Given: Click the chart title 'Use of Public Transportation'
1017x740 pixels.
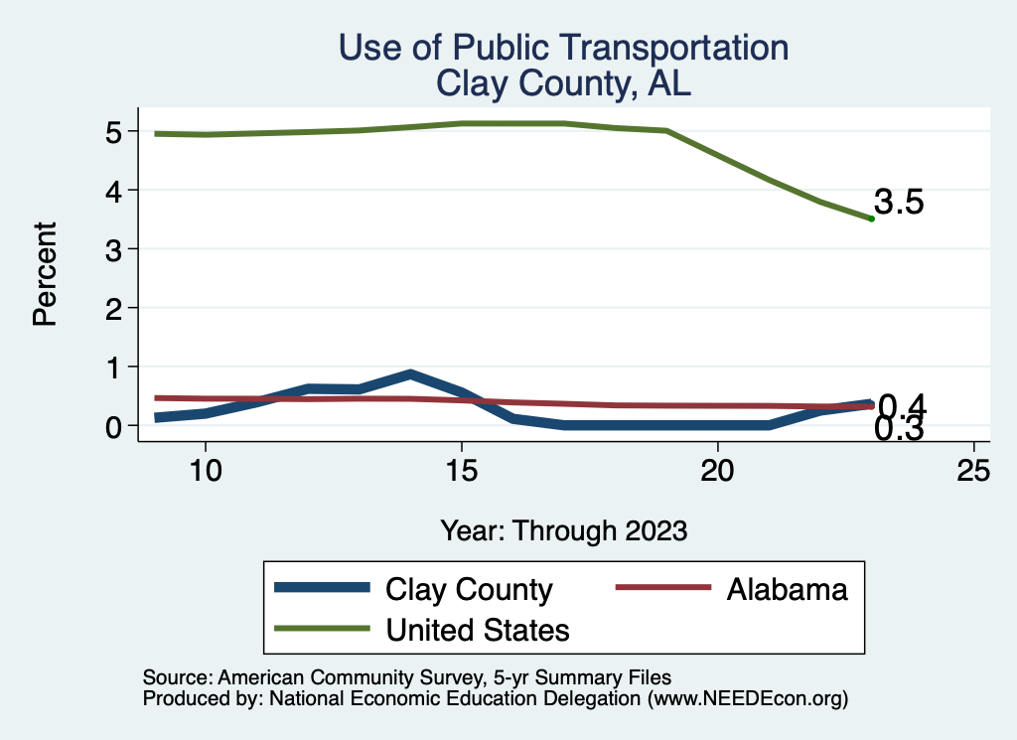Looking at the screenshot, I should click(563, 49).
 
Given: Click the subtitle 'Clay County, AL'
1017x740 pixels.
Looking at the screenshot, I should click(563, 84).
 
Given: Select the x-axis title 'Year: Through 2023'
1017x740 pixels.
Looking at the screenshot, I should click(564, 530).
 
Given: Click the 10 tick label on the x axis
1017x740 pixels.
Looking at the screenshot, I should click(205, 470).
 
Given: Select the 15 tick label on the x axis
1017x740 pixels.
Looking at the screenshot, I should click(461, 470).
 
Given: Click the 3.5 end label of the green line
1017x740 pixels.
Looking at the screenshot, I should click(899, 204).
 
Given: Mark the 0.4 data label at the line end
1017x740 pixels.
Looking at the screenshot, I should click(902, 405).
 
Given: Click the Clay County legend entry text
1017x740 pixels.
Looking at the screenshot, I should click(469, 589).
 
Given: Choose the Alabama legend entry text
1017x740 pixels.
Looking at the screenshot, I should click(787, 589).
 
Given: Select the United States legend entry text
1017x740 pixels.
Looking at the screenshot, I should click(478, 629).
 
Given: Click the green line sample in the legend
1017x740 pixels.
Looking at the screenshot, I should click(324, 629).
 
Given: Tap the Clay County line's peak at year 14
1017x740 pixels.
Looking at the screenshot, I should click(410, 374).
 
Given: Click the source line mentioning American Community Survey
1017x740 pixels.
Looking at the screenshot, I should click(407, 678).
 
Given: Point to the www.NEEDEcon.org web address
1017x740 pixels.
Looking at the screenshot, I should click(747, 699).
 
